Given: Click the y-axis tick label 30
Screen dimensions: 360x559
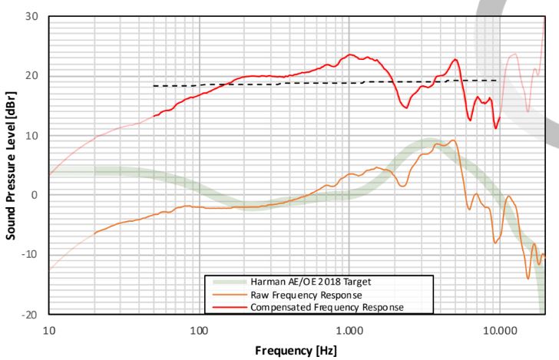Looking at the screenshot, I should (34, 16).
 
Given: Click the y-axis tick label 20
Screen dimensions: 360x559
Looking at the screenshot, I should (34, 76).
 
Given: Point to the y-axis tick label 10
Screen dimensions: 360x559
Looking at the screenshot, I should (34, 136).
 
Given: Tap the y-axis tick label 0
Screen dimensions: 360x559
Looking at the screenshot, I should (36, 195).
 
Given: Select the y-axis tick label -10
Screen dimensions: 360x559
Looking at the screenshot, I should (31, 255).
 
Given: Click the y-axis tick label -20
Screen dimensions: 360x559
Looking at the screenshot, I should (31, 315).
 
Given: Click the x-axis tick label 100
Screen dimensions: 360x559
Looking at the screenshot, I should (199, 329).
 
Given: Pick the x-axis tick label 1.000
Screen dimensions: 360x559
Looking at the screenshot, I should (349, 329).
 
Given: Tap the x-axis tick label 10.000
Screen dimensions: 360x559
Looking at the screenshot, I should (499, 329).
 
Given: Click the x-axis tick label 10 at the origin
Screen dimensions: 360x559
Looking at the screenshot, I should (49, 329).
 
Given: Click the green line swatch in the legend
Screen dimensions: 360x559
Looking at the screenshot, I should (227, 282).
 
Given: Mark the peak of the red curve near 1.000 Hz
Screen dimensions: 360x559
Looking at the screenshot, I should (350, 54).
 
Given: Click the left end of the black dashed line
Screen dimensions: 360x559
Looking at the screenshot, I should (154, 86).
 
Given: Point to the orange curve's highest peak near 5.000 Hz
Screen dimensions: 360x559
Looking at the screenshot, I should (454, 140).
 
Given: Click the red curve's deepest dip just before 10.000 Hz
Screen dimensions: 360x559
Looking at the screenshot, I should (496, 127).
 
